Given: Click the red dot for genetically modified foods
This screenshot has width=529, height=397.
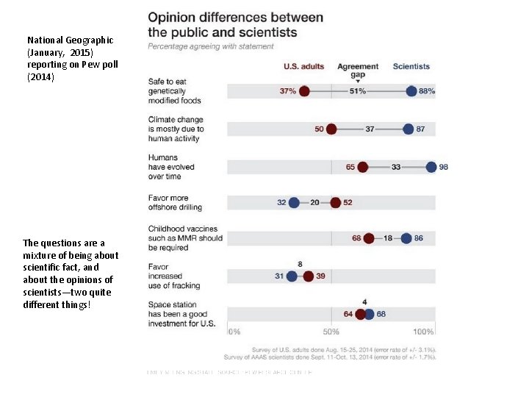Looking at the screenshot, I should click(304, 91).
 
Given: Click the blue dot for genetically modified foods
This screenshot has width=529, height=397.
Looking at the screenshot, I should click(411, 91).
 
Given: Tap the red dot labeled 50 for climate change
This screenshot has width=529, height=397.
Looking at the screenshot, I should click(331, 129).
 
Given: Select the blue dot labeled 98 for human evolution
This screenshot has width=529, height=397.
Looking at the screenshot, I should click(431, 167).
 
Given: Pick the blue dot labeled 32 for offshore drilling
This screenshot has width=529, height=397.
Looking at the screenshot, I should click(295, 202).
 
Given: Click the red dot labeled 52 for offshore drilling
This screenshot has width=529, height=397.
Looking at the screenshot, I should click(336, 202).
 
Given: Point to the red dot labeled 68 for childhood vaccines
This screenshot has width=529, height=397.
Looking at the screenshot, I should click(369, 238).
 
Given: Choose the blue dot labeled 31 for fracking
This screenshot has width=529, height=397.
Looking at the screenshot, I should click(292, 276).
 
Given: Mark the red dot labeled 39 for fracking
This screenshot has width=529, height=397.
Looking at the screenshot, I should click(309, 276).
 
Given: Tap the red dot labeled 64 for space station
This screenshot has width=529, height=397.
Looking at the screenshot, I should click(361, 314).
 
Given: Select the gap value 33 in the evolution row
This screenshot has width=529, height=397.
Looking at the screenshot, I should click(396, 167).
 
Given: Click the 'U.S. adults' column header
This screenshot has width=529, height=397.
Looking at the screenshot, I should click(304, 67).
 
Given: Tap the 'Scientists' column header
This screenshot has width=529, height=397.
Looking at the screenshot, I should click(411, 67).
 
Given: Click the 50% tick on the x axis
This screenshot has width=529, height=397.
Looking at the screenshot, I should click(331, 332).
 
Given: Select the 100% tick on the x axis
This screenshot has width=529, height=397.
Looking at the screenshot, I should click(424, 332).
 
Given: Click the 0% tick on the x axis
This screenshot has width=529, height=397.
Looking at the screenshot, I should click(234, 332).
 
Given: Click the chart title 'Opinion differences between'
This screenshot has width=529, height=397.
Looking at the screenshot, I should click(235, 18).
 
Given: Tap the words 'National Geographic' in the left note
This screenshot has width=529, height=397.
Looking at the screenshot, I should click(70, 40).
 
